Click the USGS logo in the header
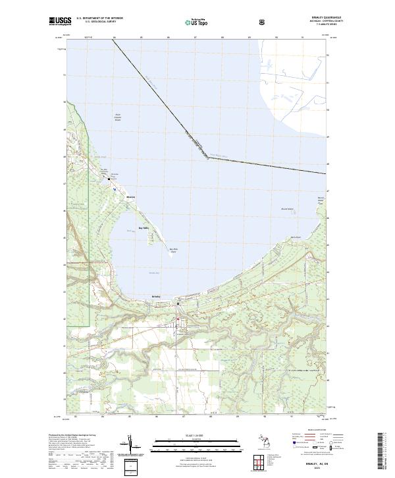pos(60,22)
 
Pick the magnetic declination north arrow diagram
pos(132,447)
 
